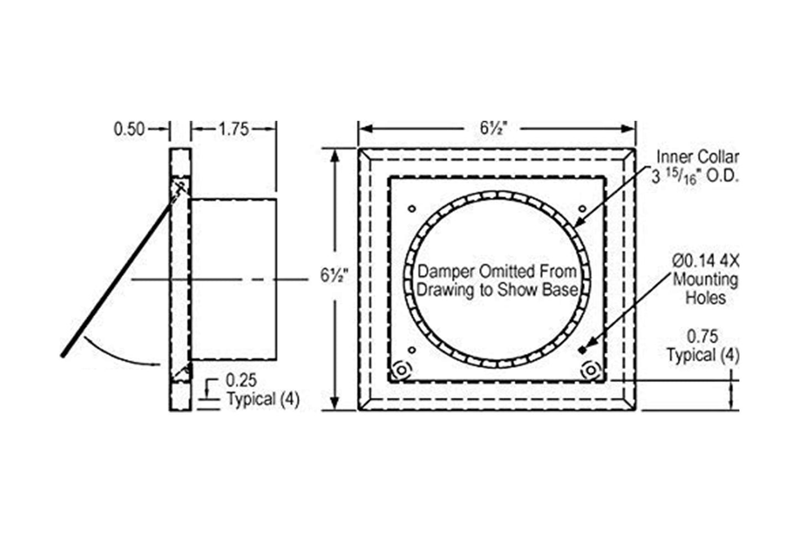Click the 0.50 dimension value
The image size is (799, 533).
coord(129,129)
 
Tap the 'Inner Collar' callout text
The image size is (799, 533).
coord(697,157)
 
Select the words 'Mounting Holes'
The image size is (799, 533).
coord(705,289)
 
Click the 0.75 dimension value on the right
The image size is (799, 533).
coord(702,336)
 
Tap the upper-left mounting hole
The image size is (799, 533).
coord(411,208)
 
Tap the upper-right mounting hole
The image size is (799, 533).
coord(582,208)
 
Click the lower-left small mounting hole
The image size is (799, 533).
coord(411,349)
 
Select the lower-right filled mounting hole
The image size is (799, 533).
coord(582,349)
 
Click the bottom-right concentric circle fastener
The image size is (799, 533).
coord(590,369)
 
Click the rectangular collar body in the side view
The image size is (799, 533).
coord(233,279)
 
